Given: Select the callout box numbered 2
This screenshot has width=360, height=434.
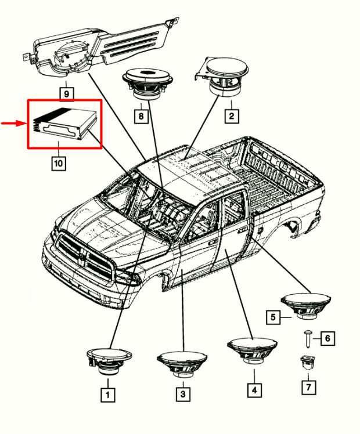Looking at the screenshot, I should pos(231,116).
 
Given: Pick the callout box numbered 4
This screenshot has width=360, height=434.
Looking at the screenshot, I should pos(254,390).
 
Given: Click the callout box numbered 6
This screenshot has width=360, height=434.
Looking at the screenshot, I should pos(328,338).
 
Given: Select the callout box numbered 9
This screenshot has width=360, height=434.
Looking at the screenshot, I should pos(66,92).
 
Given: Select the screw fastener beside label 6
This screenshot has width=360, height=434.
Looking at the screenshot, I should pos(308,338).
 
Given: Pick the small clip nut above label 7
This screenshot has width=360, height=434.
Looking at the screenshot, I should pos(308,362).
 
